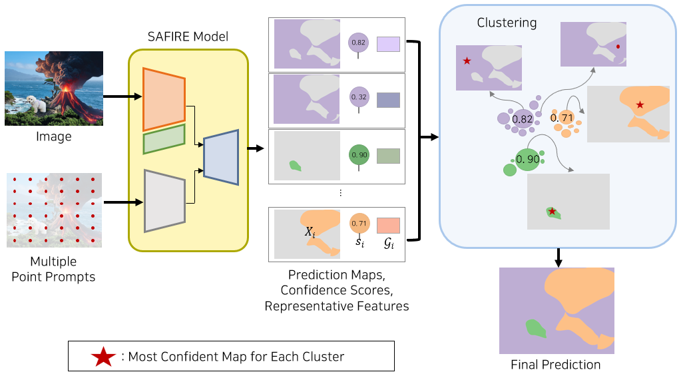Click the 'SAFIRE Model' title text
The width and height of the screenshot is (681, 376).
pyautogui.click(x=188, y=37)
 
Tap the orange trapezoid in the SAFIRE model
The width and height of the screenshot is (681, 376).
pyautogui.click(x=164, y=99)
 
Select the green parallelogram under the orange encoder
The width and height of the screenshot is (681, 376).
pyautogui.click(x=164, y=139)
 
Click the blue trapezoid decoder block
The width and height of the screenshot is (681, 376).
pyautogui.click(x=221, y=157)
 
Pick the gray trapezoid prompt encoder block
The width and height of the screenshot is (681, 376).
pyautogui.click(x=164, y=200)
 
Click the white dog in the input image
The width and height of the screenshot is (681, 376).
pyautogui.click(x=36, y=104)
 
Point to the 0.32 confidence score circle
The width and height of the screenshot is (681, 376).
pyautogui.click(x=359, y=97)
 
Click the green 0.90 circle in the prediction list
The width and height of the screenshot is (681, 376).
pyautogui.click(x=359, y=155)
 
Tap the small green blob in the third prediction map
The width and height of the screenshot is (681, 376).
pyautogui.click(x=296, y=166)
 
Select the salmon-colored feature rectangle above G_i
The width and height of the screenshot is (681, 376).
pyautogui.click(x=388, y=226)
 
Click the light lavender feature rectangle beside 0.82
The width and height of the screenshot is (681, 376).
pyautogui.click(x=388, y=45)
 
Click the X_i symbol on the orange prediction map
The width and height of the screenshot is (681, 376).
pyautogui.click(x=310, y=232)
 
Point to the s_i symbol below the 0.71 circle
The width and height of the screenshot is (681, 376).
pyautogui.click(x=359, y=242)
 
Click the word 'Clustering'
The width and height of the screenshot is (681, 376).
pyautogui.click(x=507, y=23)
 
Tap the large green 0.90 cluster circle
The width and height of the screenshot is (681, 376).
pyautogui.click(x=528, y=159)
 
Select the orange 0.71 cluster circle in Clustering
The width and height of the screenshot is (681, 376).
pyautogui.click(x=563, y=118)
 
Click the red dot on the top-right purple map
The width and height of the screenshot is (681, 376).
pyautogui.click(x=618, y=46)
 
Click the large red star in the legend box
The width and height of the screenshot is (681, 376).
pyautogui.click(x=103, y=357)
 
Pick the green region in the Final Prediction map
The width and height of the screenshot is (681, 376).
pyautogui.click(x=535, y=329)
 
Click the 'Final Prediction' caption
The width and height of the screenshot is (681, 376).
pyautogui.click(x=555, y=365)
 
